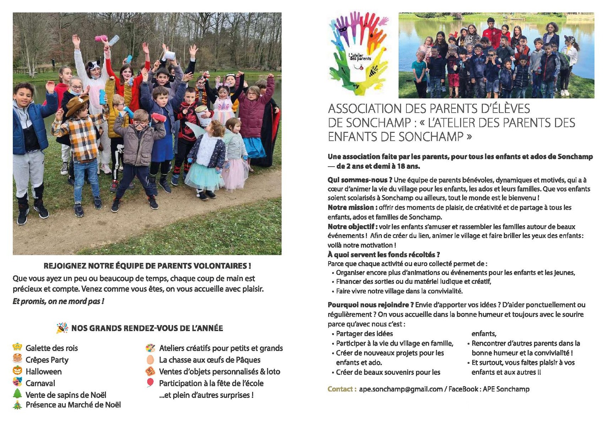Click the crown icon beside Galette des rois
pos(17,347)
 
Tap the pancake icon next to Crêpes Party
pos(17,358)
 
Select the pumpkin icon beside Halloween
pos(17,371)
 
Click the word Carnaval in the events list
pos(40,383)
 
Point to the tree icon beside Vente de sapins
pos(17,394)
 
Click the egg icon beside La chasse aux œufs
pos(150,359)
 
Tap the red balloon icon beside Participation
pos(150,383)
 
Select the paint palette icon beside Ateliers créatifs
pos(150,348)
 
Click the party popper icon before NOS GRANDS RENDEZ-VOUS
pos(62,328)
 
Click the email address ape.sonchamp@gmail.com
pos(400,389)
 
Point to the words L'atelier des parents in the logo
pos(360,56)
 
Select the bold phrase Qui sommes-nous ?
pos(359,180)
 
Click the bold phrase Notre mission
pos(351,207)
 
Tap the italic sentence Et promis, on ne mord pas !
pos(58,301)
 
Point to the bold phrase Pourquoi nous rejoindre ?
pos(370,304)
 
